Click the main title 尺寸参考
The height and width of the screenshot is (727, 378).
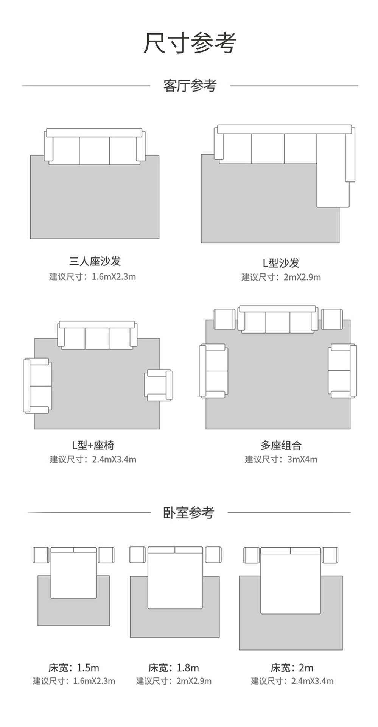tap(190, 43)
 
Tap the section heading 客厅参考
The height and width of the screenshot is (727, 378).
tap(190, 86)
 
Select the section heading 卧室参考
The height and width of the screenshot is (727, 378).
tap(189, 512)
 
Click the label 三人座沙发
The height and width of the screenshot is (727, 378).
tap(95, 261)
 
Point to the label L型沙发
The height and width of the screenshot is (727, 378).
tap(281, 262)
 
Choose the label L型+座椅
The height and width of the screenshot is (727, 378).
tap(93, 445)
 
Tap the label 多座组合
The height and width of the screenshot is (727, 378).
tap(281, 445)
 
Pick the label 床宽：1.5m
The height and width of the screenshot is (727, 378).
tap(74, 667)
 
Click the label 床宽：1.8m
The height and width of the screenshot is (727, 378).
tap(174, 667)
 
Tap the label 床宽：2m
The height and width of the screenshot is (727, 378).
tap(292, 667)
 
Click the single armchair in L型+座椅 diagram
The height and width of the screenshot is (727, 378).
tap(159, 385)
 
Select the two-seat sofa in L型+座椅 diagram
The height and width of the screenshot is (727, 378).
tap(37, 386)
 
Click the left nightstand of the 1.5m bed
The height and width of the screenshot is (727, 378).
tap(41, 555)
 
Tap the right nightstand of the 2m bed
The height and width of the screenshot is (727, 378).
tap(330, 555)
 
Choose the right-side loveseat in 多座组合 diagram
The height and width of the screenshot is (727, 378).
tap(342, 371)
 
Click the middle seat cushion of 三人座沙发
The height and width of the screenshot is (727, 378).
tap(95, 151)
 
